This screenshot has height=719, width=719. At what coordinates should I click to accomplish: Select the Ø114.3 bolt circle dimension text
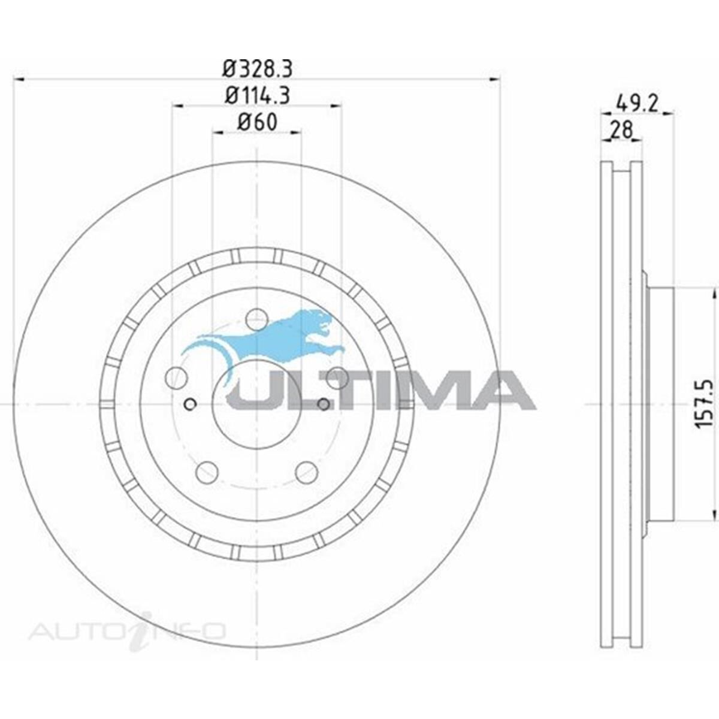tap(257, 96)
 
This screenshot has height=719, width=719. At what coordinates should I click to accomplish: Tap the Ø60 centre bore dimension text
tap(257, 122)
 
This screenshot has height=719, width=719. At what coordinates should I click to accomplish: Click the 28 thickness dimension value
tap(621, 129)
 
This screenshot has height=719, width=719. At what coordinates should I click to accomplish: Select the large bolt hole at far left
tap(176, 377)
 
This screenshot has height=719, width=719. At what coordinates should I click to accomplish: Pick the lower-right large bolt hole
tap(306, 471)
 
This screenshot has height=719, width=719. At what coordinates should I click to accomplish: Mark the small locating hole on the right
tap(324, 404)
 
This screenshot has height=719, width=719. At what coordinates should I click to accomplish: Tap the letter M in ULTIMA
tap(437, 390)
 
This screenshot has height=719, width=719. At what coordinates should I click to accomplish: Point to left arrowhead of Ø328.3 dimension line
tap(18, 79)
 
